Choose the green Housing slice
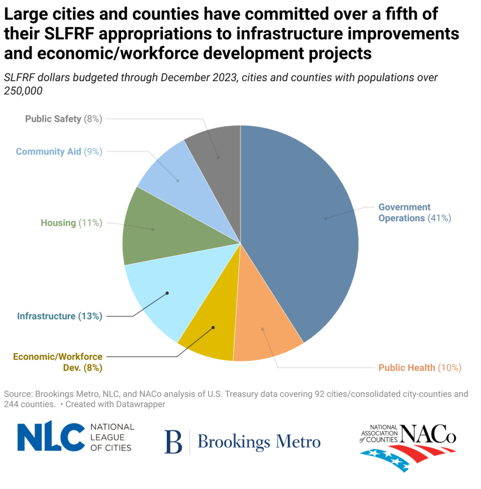tap(152, 229)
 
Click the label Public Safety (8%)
tap(63, 119)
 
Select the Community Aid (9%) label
tap(59, 152)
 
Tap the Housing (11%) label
tap(71, 223)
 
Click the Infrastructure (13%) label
tap(59, 316)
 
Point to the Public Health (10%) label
tap(420, 368)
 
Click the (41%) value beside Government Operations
tap(439, 218)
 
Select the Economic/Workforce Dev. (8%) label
tap(58, 362)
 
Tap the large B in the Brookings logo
tap(173, 441)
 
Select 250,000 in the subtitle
tap(23, 91)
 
